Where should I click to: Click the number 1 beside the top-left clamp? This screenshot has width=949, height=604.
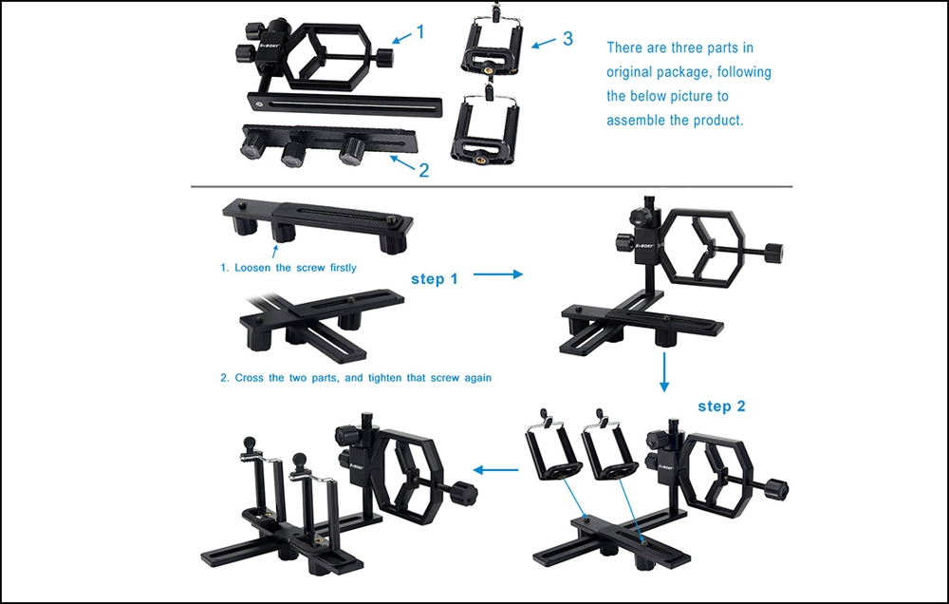click(420, 31)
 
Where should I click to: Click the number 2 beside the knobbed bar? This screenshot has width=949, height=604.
click(424, 170)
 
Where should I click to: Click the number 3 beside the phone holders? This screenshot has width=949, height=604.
click(568, 38)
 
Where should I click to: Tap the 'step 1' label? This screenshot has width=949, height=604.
click(435, 278)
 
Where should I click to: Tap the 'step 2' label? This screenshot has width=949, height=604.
click(721, 406)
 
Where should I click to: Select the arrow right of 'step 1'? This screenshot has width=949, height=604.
click(497, 274)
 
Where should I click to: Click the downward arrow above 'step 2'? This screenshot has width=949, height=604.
click(664, 372)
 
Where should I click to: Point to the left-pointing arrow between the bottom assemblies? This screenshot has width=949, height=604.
click(495, 469)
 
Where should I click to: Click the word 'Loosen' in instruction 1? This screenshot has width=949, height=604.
click(253, 268)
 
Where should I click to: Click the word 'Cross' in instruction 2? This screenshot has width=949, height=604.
click(251, 377)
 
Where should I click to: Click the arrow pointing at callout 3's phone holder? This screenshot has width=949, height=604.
click(544, 42)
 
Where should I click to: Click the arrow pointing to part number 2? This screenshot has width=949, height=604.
click(402, 163)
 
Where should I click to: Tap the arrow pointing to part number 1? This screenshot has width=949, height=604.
click(401, 38)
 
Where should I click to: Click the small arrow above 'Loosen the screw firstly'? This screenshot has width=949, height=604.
click(275, 252)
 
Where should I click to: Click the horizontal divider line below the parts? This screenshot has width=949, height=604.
click(492, 186)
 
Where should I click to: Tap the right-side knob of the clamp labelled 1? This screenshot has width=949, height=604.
click(384, 58)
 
